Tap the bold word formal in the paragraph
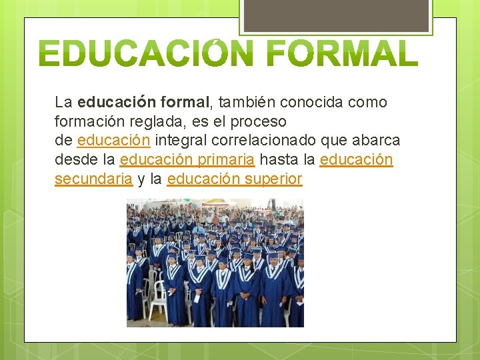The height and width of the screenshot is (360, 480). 183,103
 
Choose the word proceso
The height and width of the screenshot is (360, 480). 261,122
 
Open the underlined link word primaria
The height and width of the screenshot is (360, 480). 227,160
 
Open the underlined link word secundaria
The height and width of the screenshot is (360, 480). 93,179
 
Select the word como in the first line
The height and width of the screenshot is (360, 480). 367,103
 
